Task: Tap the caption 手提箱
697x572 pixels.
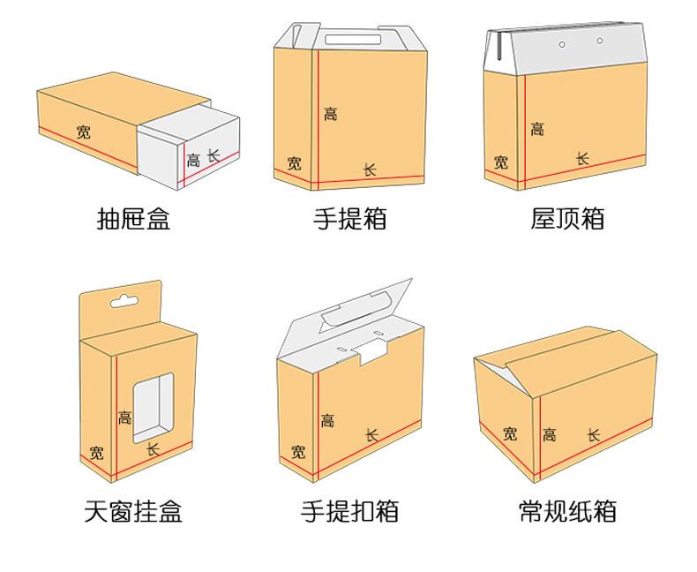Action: [350, 218]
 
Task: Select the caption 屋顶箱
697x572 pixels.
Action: [567, 218]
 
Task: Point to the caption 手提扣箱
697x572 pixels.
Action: [350, 511]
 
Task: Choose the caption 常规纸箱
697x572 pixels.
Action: [567, 511]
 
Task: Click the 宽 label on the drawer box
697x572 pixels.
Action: [83, 132]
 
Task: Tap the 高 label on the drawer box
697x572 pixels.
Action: [193, 161]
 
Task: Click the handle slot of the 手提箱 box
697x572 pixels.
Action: [348, 38]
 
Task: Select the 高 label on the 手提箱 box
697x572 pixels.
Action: [330, 114]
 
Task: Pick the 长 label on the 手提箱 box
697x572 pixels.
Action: [370, 169]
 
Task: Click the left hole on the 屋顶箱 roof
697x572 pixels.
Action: [561, 44]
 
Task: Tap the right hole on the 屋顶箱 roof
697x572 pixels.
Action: [600, 40]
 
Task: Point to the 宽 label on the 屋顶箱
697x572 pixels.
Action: [501, 162]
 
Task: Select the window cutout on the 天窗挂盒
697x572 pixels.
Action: [154, 407]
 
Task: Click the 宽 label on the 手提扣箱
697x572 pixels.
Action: [298, 452]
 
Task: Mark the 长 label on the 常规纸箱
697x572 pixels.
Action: [594, 434]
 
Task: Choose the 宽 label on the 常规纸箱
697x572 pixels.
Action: [510, 433]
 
